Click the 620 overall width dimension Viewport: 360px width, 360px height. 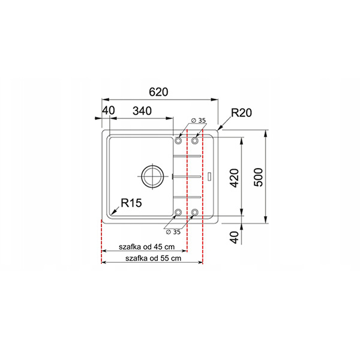158,92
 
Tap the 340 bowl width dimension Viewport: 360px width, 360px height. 142,111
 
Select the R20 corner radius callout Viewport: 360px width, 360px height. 241,113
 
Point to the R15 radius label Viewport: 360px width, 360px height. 131,203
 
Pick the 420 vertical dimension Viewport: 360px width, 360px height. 234,178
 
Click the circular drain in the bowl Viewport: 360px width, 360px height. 152,176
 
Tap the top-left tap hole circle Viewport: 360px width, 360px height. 178,140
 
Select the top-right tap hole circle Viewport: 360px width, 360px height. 195,140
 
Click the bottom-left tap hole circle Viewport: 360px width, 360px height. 178,212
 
